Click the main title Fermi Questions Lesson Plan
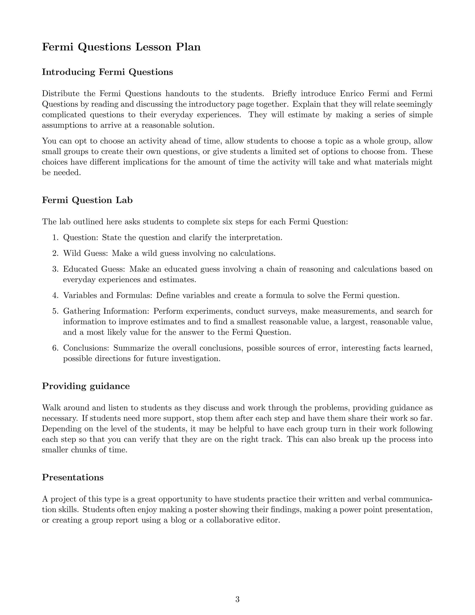coord(121,47)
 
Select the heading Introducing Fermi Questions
coord(107,72)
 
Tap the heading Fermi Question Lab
coord(87,200)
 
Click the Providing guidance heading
coord(86,386)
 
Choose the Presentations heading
coord(73,477)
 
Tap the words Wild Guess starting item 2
coord(84,253)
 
